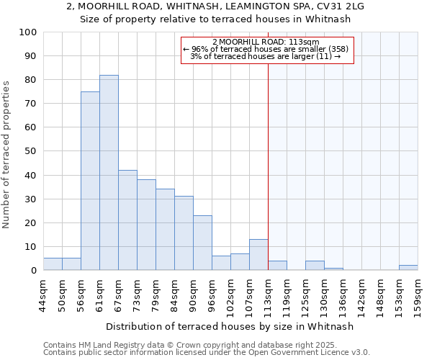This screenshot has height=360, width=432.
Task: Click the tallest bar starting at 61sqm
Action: pos(109,173)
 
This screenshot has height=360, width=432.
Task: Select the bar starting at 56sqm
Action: pos(90,181)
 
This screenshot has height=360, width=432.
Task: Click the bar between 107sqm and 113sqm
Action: pos(258,255)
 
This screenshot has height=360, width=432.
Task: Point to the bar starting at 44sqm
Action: pos(53,264)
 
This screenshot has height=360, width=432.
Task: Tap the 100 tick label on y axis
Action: pos(28,32)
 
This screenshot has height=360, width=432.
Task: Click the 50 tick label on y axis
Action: pos(31,151)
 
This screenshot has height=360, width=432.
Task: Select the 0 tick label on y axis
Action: pos(34,271)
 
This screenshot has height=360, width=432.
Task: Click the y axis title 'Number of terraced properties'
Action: pos(7,155)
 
